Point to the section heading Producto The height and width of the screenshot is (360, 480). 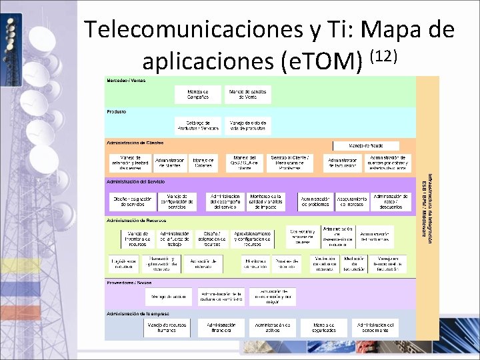(117, 111)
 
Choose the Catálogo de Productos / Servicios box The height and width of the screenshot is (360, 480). (198, 125)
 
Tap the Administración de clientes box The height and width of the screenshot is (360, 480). (169, 163)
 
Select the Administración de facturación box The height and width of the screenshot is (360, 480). (343, 163)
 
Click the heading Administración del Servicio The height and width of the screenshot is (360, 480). (136, 181)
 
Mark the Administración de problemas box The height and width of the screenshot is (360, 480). (315, 202)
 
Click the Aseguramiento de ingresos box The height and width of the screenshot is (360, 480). (352, 202)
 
